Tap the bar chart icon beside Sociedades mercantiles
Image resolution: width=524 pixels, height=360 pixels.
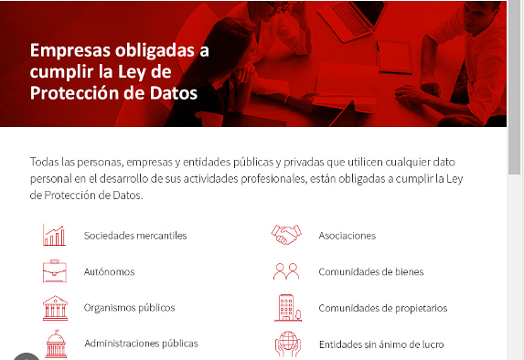coord(54,235)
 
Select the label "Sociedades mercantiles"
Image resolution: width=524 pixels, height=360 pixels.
coord(135,236)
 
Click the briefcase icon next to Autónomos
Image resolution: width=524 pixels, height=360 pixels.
coord(54,271)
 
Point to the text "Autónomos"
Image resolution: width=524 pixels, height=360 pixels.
coord(110,271)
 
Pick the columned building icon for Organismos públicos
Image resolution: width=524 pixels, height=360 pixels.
coord(54,308)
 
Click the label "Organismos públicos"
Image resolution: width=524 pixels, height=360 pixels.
coord(129,308)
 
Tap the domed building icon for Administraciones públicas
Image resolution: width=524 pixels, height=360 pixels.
coord(54,344)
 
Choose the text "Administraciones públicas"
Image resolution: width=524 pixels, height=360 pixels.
coord(141,344)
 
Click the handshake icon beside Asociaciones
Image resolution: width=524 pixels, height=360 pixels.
coord(286,235)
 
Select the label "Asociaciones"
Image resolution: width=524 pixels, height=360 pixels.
coord(347,236)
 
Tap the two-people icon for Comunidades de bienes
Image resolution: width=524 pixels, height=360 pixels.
coord(286,271)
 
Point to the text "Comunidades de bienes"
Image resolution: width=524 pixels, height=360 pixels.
coord(371,271)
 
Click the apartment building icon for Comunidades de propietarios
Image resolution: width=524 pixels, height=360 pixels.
coord(286,307)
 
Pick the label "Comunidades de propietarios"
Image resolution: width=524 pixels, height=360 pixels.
coord(382,308)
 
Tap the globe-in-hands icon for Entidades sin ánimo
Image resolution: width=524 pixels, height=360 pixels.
coord(286,344)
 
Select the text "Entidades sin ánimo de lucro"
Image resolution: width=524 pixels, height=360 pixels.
coord(382,344)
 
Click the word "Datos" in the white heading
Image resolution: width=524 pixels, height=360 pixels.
coord(172,93)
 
